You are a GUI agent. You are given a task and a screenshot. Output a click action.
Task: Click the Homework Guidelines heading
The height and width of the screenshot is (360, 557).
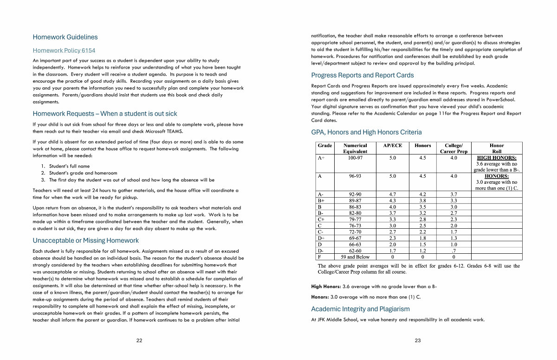coord(65,37)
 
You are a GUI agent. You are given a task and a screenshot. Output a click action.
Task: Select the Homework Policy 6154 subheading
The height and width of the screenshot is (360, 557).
coord(64,51)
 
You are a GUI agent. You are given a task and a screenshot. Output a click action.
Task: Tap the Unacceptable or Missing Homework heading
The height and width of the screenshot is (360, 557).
coord(85,240)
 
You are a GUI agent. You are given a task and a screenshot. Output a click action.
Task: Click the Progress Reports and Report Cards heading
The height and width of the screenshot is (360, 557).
coord(362,75)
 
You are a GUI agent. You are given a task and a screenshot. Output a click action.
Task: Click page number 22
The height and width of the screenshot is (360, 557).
coord(139,341)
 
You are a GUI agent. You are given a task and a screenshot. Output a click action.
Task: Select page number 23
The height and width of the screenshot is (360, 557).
coord(418,341)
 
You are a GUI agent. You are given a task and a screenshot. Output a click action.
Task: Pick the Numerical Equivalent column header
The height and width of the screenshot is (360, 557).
coord(355,148)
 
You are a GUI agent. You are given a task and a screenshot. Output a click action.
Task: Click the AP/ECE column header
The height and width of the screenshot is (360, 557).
coord(393,146)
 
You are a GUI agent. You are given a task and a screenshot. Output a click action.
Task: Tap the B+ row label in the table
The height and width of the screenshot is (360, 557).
coord(321,200)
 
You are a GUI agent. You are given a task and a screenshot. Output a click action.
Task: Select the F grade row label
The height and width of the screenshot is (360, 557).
coord(319,257)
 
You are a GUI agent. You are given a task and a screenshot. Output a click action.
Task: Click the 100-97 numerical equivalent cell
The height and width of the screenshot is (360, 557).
coord(355,158)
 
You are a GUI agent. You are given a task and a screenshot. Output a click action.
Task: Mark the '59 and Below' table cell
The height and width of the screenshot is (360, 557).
coord(355,257)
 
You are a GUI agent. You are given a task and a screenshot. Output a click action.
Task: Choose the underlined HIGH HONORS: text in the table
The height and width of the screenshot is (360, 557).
coord(497,158)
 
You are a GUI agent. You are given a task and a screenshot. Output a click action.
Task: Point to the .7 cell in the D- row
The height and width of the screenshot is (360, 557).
coord(453,251)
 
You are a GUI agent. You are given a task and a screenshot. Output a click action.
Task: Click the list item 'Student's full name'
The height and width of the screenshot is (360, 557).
coord(70,166)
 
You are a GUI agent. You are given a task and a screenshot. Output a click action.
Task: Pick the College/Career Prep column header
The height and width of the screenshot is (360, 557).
coord(453,148)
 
